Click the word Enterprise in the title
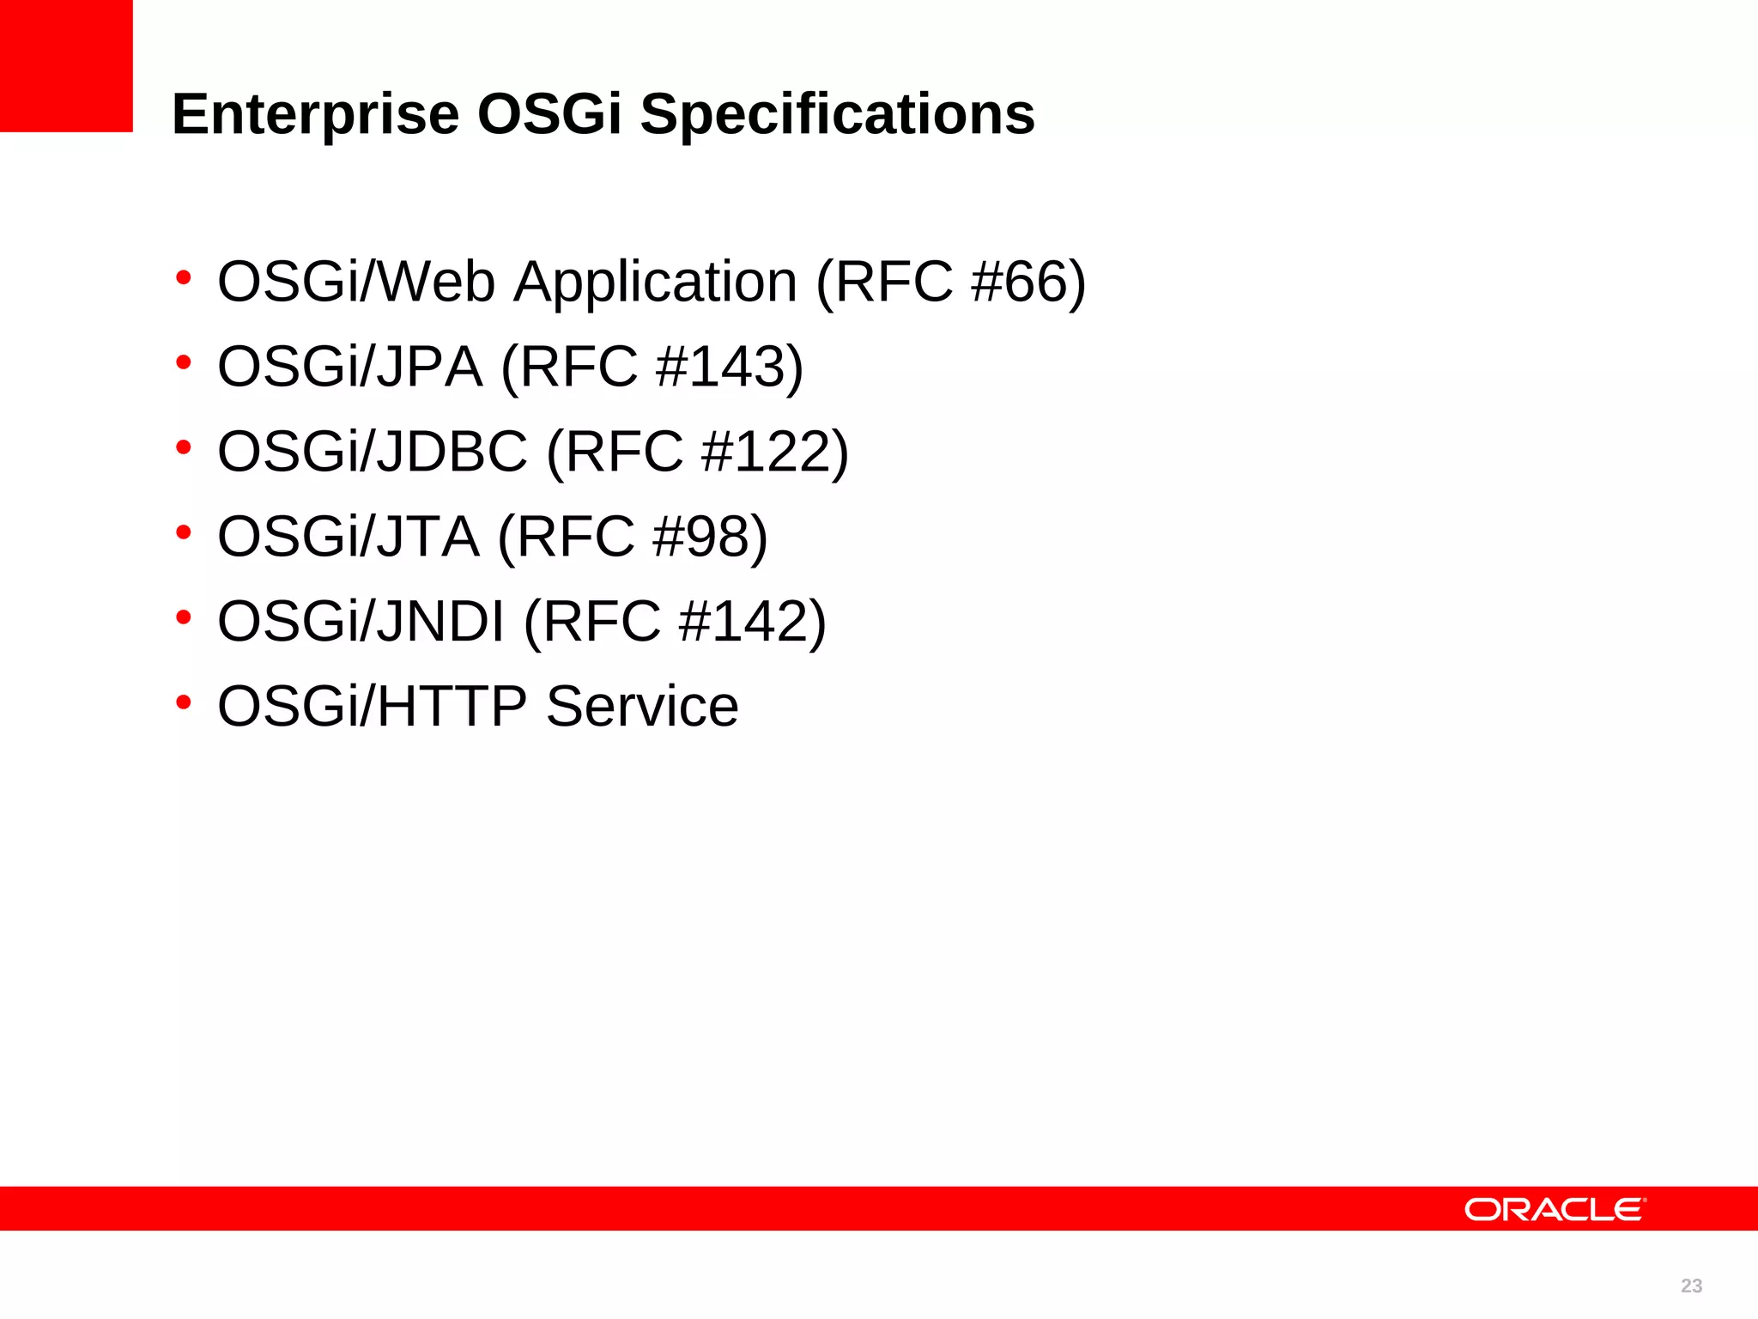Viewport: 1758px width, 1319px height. pyautogui.click(x=315, y=114)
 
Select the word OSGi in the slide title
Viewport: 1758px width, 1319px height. pyautogui.click(x=549, y=114)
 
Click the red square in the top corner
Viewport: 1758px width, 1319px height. pyautogui.click(x=66, y=66)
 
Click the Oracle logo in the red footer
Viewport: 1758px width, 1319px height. pyautogui.click(x=1555, y=1209)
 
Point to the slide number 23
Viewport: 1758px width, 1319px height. pyautogui.click(x=1691, y=1286)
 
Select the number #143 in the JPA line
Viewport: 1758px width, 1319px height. pyautogui.click(x=721, y=367)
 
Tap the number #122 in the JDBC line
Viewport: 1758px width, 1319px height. pyautogui.click(x=767, y=452)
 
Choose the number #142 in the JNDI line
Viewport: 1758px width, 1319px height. pyautogui.click(x=743, y=621)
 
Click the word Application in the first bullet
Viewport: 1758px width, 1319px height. pyautogui.click(x=655, y=282)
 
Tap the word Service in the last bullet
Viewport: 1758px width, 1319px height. pyautogui.click(x=642, y=706)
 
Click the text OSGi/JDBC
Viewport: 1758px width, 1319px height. pyautogui.click(x=373, y=452)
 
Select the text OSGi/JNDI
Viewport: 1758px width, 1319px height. pyautogui.click(x=361, y=621)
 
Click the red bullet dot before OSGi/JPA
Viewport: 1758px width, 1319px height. pyautogui.click(x=183, y=363)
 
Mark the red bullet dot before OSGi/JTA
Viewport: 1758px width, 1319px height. pyautogui.click(x=183, y=533)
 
